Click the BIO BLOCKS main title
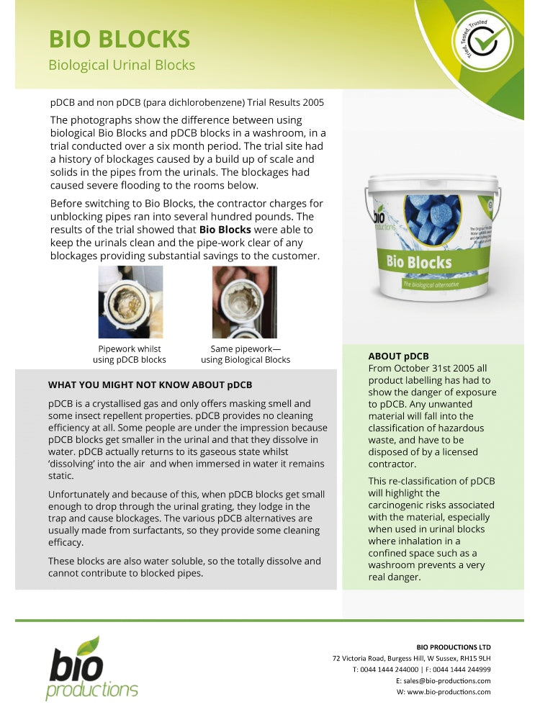coord(119,38)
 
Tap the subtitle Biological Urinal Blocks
coord(121,65)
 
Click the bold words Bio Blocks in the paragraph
coord(225,230)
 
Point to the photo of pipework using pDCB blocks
coord(130,302)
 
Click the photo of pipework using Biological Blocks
coord(245,302)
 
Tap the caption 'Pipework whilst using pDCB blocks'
coord(130,354)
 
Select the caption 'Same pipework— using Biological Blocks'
coord(245,354)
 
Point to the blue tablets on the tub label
coord(432,217)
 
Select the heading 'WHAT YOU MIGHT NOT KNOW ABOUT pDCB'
coord(150,384)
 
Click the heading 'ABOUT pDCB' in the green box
coord(398,356)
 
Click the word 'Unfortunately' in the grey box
coord(81,495)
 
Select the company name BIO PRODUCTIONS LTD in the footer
coord(454,647)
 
